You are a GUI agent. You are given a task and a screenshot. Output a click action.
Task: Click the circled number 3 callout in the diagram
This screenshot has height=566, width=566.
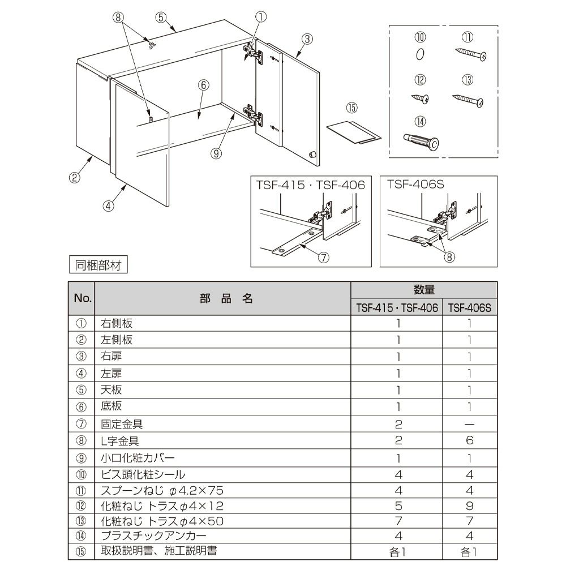click(x=306, y=39)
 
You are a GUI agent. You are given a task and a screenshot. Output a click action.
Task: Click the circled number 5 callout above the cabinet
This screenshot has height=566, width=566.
click(x=161, y=17)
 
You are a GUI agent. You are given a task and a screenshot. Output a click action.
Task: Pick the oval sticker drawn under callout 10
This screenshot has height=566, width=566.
click(x=419, y=54)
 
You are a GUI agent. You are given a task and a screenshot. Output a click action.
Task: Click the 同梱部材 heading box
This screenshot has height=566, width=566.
click(x=98, y=264)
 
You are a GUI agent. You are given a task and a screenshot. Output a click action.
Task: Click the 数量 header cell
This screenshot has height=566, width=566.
click(x=424, y=290)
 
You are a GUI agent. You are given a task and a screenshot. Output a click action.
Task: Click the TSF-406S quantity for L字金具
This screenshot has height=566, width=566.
click(x=469, y=440)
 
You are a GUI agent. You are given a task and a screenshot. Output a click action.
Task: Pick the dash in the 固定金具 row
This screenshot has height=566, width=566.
click(x=469, y=424)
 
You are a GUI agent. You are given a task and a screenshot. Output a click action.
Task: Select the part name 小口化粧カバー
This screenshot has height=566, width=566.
click(x=138, y=457)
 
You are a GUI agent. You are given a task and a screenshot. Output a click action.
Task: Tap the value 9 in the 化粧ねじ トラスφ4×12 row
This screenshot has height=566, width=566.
click(x=469, y=505)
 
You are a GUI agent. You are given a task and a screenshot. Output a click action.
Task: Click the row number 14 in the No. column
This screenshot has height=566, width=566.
click(x=81, y=535)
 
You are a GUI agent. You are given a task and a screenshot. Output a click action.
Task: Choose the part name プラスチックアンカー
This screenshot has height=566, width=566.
click(x=153, y=535)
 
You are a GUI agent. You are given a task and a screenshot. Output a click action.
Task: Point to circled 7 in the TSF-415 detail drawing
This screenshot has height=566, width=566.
click(x=323, y=258)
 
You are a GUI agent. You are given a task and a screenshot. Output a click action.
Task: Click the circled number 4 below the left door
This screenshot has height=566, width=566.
click(x=109, y=205)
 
